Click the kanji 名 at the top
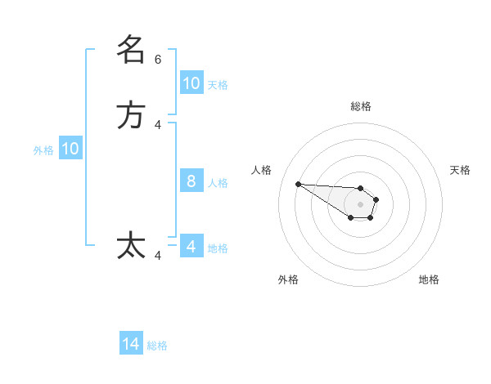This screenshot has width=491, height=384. [131, 50]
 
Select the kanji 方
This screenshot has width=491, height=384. [131, 115]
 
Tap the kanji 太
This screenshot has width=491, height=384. [131, 245]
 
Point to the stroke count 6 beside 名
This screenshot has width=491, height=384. [158, 60]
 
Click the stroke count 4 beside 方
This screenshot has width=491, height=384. [158, 125]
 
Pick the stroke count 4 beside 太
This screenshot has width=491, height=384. [158, 256]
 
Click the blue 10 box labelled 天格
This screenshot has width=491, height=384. [191, 83]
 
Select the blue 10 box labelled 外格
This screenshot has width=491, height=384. [70, 149]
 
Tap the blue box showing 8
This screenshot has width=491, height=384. [191, 181]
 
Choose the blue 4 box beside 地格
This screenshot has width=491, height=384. [191, 246]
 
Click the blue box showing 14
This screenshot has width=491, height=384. [131, 345]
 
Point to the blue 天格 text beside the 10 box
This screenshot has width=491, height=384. [218, 84]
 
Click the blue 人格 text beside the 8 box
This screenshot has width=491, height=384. [218, 182]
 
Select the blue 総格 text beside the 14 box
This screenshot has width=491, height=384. [157, 346]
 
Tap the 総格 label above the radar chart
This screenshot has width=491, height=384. [360, 106]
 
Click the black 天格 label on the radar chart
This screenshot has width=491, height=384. [460, 170]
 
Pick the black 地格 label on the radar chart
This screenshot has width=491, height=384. [429, 279]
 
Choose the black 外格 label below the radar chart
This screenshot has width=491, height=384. [288, 279]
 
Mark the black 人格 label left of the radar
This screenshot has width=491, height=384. [261, 170]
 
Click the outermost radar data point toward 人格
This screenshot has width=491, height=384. [298, 184]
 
